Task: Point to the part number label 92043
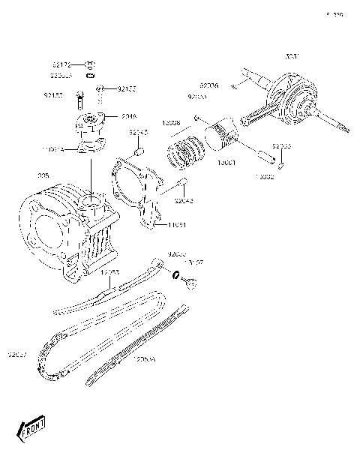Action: (x=182, y=200)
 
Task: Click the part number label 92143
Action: (x=137, y=132)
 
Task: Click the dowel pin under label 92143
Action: (x=138, y=151)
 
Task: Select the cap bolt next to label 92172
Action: (x=90, y=64)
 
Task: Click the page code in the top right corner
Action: (x=334, y=14)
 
